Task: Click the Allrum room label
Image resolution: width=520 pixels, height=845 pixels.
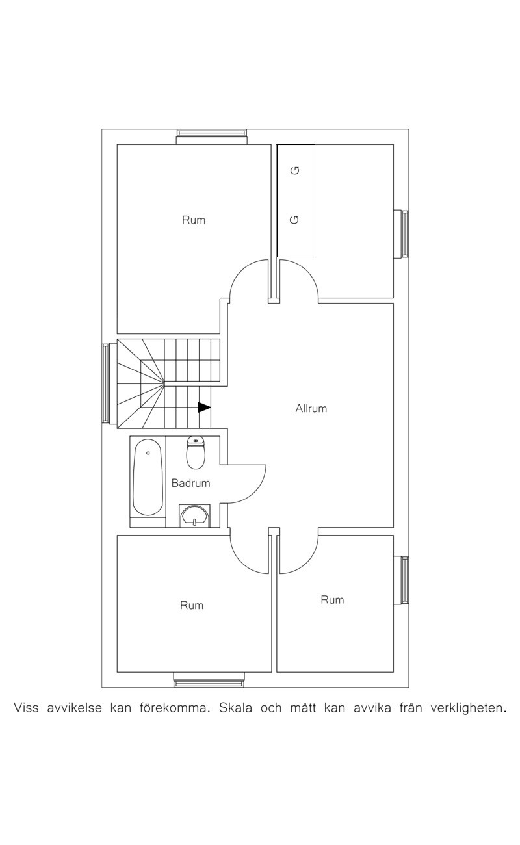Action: tap(311, 409)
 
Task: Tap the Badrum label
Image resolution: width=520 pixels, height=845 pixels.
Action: tap(190, 483)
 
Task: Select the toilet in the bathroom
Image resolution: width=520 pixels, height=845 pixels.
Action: tap(196, 452)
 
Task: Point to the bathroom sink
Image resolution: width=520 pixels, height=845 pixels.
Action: tap(194, 515)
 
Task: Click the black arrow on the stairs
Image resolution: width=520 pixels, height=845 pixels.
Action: tap(204, 408)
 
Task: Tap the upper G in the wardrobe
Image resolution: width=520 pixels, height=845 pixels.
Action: tap(296, 170)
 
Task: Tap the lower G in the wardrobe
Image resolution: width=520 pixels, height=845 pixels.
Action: tap(294, 220)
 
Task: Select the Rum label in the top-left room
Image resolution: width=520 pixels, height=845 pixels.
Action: tap(194, 220)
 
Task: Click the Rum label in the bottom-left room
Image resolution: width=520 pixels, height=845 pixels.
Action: tap(192, 605)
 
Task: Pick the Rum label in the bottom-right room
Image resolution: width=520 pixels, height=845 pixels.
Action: tap(332, 600)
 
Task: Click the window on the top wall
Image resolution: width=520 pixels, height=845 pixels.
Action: tap(212, 136)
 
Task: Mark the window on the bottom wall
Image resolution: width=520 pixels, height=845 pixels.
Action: tap(209, 679)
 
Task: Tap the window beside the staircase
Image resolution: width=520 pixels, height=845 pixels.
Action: tap(109, 383)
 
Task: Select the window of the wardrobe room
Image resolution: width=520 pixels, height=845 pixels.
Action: tap(401, 234)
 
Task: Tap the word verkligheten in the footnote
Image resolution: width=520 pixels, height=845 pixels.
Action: tap(468, 708)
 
